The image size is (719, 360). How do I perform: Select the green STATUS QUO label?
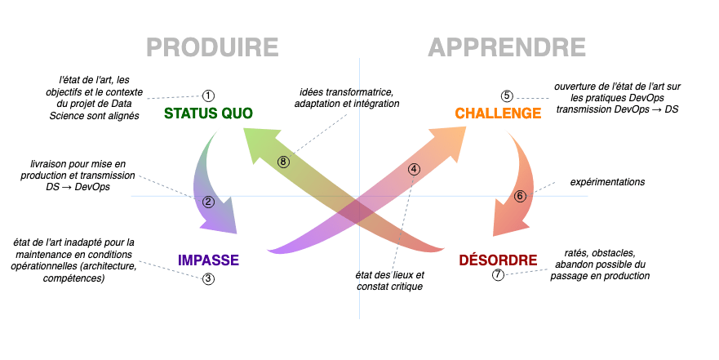[208, 113]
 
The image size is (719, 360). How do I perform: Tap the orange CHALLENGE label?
[499, 113]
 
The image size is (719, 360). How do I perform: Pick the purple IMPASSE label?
[208, 260]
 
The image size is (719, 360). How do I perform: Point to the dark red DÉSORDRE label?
[498, 260]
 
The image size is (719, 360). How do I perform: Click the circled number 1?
[208, 96]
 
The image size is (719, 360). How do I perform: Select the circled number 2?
[208, 202]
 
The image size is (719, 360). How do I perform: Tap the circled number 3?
[209, 278]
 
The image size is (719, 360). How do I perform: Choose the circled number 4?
[414, 170]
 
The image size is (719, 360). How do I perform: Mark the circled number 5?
[508, 96]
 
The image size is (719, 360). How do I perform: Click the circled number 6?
[521, 196]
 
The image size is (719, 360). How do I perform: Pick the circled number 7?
[498, 275]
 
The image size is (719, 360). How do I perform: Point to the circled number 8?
[283, 162]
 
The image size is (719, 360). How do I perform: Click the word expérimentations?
[608, 182]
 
